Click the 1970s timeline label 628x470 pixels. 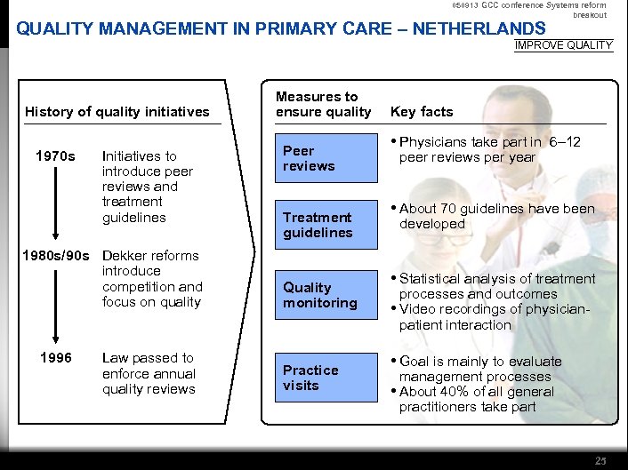click(x=55, y=156)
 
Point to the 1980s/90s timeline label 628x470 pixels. click(x=54, y=256)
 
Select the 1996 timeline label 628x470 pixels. click(x=55, y=358)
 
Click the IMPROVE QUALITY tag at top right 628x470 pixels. click(x=564, y=45)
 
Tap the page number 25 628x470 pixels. click(x=601, y=460)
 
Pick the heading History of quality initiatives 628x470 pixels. click(x=117, y=112)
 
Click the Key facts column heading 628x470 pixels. click(x=422, y=112)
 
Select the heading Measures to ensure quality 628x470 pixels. click(x=323, y=104)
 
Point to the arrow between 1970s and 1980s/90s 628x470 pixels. click(x=56, y=204)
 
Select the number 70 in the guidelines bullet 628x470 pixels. click(x=447, y=209)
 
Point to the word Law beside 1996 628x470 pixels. click(x=115, y=358)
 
